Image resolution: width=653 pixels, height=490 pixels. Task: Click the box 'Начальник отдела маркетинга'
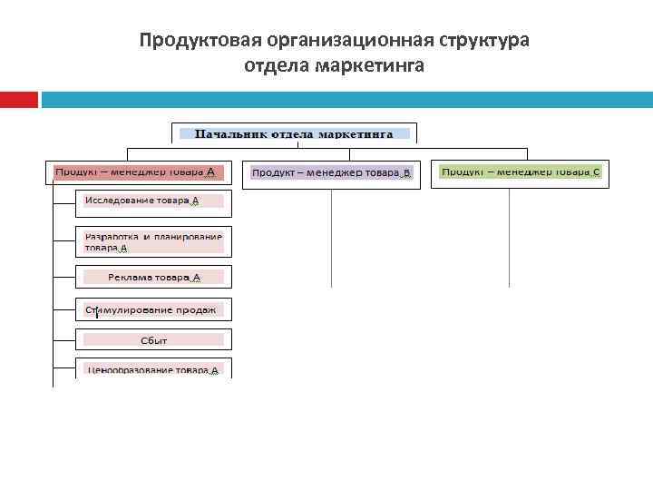pos(294,133)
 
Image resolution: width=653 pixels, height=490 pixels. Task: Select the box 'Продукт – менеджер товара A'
pos(139,171)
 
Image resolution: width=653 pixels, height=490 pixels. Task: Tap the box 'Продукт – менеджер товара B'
pos(331,172)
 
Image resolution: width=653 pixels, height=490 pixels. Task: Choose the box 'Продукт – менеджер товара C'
pos(520,172)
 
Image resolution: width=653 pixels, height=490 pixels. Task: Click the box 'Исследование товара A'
pos(154,201)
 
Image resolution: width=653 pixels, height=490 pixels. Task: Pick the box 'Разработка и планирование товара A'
pos(154,240)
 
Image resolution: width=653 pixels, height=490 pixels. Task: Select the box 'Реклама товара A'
pos(154,278)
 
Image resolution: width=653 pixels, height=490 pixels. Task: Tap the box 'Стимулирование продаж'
pos(154,310)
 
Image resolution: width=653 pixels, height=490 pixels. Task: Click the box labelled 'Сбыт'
pos(154,340)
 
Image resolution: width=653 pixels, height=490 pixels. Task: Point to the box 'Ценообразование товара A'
pos(154,368)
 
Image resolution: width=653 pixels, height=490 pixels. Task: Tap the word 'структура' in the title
pos(484,41)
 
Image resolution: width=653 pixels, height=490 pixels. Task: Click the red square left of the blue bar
pos(19,99)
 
